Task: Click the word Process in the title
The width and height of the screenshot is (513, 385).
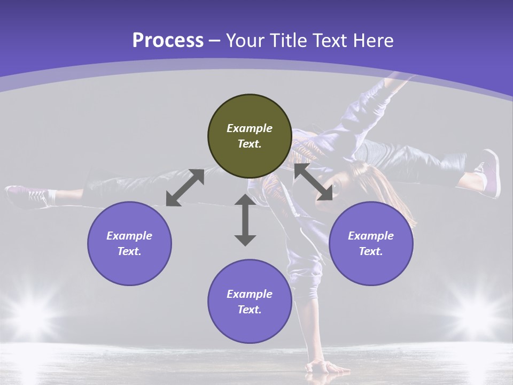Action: click(168, 40)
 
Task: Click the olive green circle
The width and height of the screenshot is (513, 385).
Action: click(250, 136)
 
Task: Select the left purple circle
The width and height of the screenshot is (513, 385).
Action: click(129, 243)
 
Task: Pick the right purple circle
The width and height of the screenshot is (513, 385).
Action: click(371, 243)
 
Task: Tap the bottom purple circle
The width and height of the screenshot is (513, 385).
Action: click(250, 301)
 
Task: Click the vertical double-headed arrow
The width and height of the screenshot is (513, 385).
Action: click(245, 220)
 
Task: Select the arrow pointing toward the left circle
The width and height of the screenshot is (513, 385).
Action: click(185, 188)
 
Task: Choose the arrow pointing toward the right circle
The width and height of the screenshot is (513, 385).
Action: click(313, 182)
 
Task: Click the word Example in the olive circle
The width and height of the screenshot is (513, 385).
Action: click(250, 128)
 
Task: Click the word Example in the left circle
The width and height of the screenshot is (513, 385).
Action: click(129, 236)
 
